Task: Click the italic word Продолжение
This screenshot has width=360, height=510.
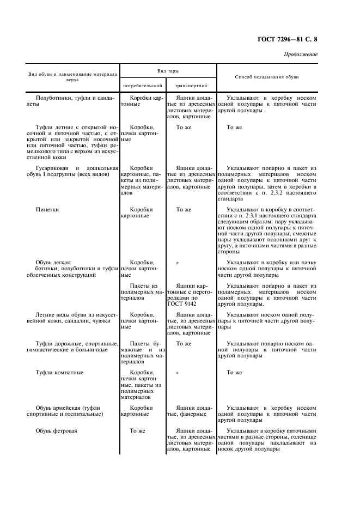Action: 301,54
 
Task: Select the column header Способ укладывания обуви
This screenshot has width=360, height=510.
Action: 266,77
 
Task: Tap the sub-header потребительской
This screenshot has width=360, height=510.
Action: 143,86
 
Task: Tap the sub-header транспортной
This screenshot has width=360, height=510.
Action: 191,86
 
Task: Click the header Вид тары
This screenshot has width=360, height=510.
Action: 168,71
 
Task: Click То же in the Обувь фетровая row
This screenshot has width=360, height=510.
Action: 137,430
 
